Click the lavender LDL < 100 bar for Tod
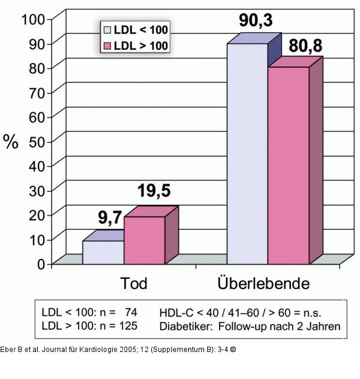click(x=103, y=252)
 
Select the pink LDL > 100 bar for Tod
click(x=144, y=240)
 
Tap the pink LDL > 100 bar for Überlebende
click(x=288, y=165)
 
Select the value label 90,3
click(x=255, y=22)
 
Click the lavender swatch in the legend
click(x=108, y=29)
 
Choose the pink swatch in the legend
click(x=108, y=46)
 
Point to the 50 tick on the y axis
click(x=38, y=141)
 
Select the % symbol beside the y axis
click(x=11, y=142)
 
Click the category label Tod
click(x=133, y=283)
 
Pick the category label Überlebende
click(x=265, y=283)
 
